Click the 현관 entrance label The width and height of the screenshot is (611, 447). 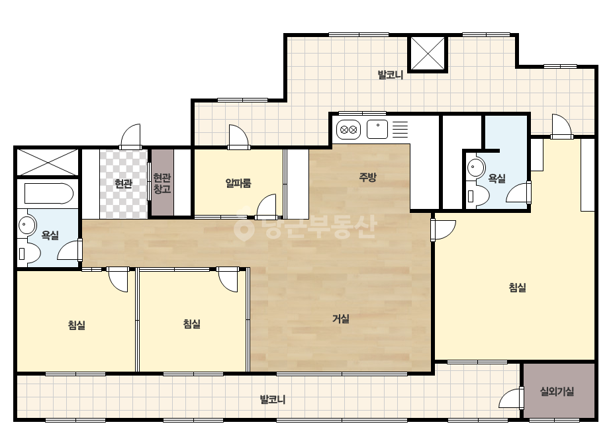pyautogui.click(x=124, y=183)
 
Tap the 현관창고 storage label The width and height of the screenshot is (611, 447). pyautogui.click(x=162, y=184)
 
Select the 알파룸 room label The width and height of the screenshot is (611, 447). pyautogui.click(x=238, y=183)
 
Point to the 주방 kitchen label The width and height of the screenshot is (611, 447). pyautogui.click(x=367, y=178)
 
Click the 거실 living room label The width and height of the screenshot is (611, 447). pyautogui.click(x=340, y=319)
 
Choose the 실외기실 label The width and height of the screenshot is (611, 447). pyautogui.click(x=557, y=391)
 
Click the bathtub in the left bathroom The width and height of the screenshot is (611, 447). pyautogui.click(x=49, y=194)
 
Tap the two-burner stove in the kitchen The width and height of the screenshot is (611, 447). pyautogui.click(x=348, y=130)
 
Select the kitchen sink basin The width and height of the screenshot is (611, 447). pyautogui.click(x=377, y=129)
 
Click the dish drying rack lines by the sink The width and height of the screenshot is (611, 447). pyautogui.click(x=400, y=129)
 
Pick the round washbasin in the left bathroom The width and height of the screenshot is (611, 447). pyautogui.click(x=27, y=225)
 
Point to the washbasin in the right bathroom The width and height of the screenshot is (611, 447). pyautogui.click(x=476, y=167)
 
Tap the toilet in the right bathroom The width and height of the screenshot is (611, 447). pyautogui.click(x=478, y=196)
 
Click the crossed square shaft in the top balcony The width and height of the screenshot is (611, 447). pyautogui.click(x=428, y=54)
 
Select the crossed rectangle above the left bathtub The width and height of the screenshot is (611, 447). pyautogui.click(x=47, y=162)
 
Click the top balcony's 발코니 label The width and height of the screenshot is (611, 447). pyautogui.click(x=390, y=74)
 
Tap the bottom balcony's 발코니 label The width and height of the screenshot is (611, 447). pyautogui.click(x=272, y=399)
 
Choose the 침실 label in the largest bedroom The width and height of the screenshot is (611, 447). pyautogui.click(x=518, y=288)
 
